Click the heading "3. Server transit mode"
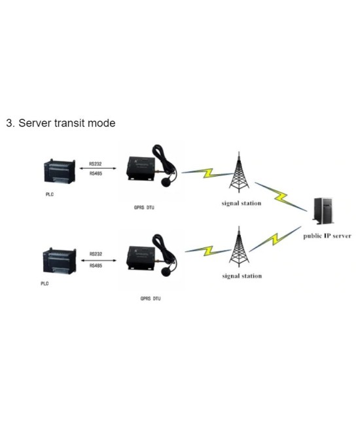click(61, 123)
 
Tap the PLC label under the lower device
click(45, 283)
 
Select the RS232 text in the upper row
click(96, 164)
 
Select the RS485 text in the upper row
click(96, 174)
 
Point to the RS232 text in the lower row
click(96, 253)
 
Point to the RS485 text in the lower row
click(96, 265)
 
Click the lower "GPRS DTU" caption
click(150, 298)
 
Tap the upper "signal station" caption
click(242, 204)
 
